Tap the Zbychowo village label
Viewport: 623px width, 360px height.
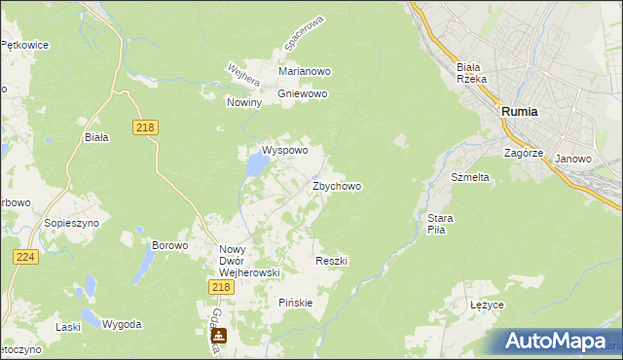click(x=337, y=186)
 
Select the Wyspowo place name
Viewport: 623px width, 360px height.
click(x=284, y=151)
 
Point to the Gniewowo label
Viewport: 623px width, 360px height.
click(x=303, y=94)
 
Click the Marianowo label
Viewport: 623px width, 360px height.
click(x=306, y=72)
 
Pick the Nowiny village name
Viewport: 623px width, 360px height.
click(x=244, y=102)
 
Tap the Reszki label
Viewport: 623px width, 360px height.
click(x=332, y=261)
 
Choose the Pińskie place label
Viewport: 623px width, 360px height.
click(x=296, y=303)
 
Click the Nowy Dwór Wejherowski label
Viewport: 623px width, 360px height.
click(x=249, y=261)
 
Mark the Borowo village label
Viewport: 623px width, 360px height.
click(x=169, y=245)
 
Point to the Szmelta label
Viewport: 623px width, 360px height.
click(x=469, y=178)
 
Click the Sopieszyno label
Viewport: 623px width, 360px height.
click(x=67, y=223)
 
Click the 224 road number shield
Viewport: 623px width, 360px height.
click(x=25, y=257)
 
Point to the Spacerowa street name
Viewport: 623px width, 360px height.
click(x=302, y=33)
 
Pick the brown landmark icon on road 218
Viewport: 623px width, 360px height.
click(x=219, y=337)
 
